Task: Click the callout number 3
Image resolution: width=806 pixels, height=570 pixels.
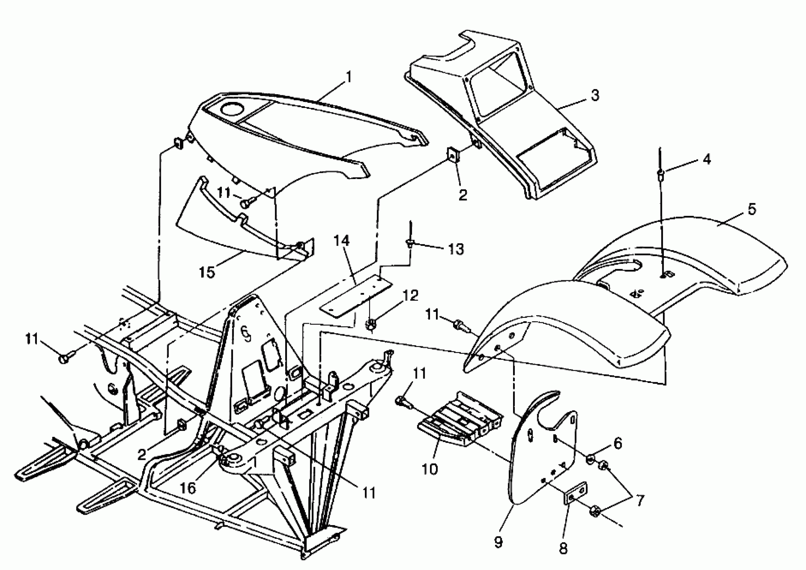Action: click(x=595, y=95)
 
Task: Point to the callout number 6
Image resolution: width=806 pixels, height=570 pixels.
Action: click(x=618, y=443)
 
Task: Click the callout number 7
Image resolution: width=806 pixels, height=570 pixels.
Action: click(x=640, y=501)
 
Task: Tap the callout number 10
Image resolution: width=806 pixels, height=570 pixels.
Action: click(x=430, y=469)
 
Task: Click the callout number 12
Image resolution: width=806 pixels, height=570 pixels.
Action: click(x=412, y=296)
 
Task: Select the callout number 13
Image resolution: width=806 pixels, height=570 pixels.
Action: click(x=456, y=249)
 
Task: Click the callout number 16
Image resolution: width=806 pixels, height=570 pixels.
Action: click(x=187, y=488)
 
